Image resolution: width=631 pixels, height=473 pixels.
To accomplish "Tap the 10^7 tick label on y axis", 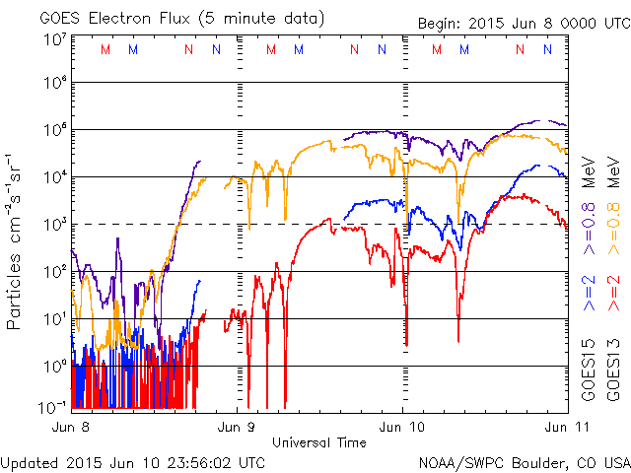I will click(55, 38).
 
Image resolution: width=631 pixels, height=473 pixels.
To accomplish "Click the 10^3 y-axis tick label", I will click(55, 224).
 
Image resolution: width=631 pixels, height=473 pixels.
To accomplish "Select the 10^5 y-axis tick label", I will click(55, 131).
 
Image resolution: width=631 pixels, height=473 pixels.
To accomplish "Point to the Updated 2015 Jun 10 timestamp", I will click(133, 461).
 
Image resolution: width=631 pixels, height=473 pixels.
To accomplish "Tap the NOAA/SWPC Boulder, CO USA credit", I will click(524, 461).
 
